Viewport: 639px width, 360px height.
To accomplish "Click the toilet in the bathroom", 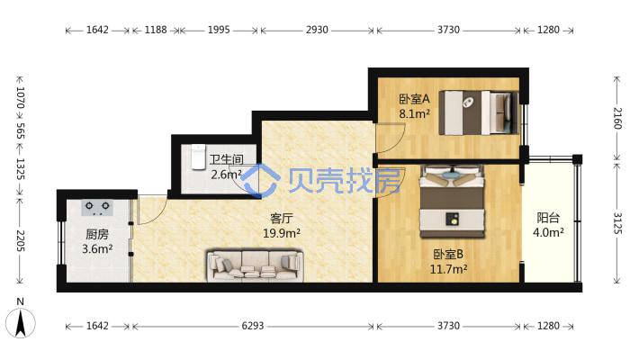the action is [x=198, y=156].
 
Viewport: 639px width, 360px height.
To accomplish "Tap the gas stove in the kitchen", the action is [x=97, y=208].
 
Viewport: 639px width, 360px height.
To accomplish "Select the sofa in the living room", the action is [x=256, y=265].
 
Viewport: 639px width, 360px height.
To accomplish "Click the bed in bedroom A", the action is [x=479, y=112].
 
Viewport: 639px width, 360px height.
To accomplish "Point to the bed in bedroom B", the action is [x=453, y=201].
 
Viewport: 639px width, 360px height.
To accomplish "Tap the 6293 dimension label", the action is [x=253, y=326].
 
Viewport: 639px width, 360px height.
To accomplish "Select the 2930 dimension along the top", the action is [x=317, y=30].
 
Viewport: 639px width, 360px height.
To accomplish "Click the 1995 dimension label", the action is [x=219, y=30].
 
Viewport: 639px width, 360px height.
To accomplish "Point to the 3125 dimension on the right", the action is [x=617, y=223].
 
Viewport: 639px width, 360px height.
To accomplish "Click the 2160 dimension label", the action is [x=617, y=118].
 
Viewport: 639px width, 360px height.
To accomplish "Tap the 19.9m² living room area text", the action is [x=282, y=233].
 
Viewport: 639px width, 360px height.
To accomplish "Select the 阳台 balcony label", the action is [x=548, y=218].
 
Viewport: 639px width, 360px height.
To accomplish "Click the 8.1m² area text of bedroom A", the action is [x=415, y=113].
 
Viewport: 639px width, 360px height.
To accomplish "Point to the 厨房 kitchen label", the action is [x=97, y=234].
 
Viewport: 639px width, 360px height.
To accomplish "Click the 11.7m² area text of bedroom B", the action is [x=448, y=269].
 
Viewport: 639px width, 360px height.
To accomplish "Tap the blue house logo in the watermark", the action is [x=260, y=181].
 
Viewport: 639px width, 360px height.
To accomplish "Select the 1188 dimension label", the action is [x=156, y=30].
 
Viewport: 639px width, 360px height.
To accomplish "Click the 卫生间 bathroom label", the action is [x=227, y=159].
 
